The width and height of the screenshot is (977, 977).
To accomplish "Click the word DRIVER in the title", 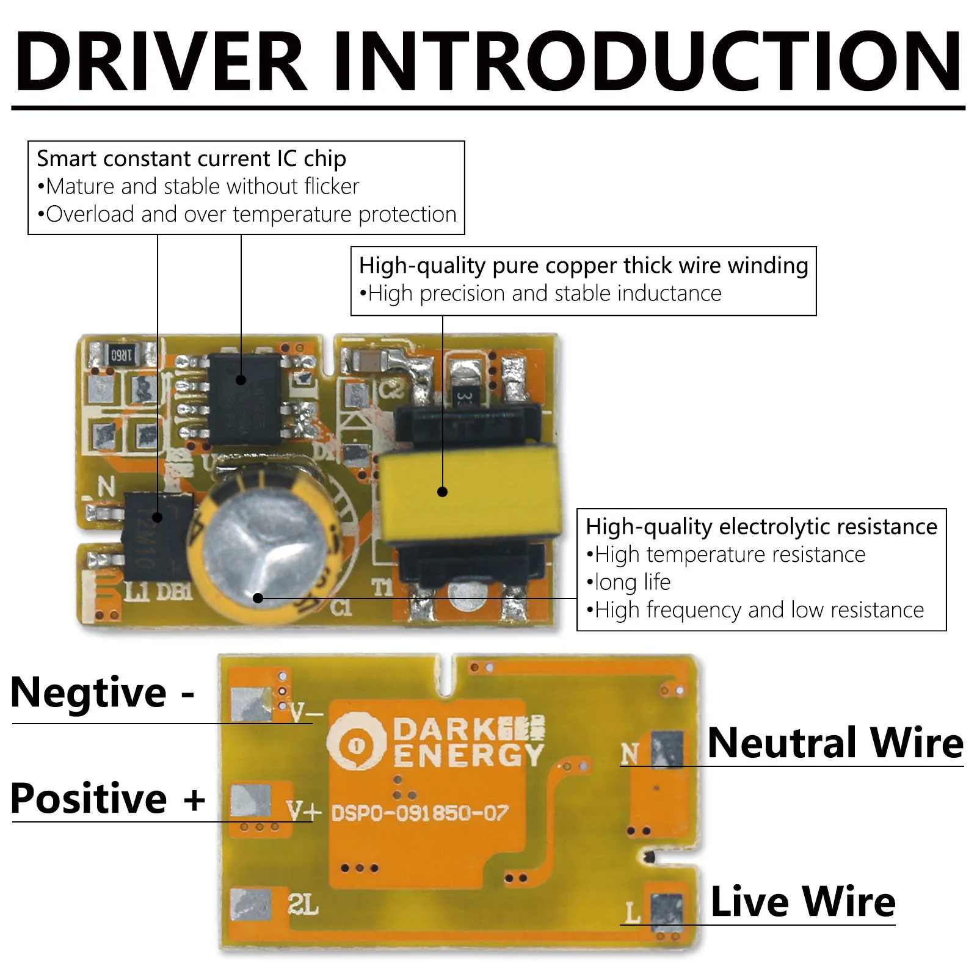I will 160,62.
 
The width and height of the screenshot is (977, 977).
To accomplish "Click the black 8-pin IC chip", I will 244,397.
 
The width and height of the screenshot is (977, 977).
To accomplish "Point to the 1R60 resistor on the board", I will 121,355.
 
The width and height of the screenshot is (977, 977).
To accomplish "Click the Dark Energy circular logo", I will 357,743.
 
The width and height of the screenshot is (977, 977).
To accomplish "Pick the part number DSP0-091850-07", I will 419,813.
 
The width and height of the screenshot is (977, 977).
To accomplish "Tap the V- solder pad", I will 250,703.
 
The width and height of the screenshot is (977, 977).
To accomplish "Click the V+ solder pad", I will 250,802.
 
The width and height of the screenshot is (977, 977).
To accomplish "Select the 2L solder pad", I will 250,904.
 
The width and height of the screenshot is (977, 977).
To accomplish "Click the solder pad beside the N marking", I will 667,749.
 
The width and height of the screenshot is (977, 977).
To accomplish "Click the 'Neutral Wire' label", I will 835,743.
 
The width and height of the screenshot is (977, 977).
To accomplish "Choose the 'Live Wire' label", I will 803,902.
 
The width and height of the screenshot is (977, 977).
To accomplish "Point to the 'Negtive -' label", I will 103,693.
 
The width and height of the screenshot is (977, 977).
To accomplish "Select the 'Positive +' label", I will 107,799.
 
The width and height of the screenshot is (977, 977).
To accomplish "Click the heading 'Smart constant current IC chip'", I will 191,159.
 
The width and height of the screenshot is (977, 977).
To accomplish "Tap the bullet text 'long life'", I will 632,582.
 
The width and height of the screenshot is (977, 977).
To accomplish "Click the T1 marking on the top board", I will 382,587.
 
